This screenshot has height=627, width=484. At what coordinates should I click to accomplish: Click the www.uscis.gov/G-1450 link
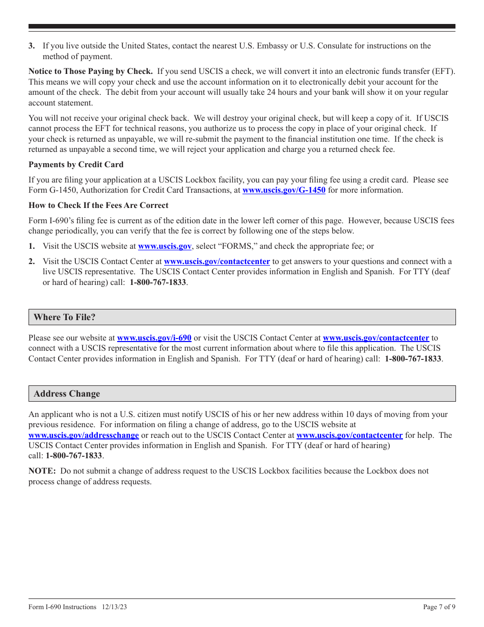point(284,190)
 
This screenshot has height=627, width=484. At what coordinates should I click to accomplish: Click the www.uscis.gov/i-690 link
point(154,338)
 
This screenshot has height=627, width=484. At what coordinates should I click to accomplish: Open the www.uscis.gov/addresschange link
point(84,435)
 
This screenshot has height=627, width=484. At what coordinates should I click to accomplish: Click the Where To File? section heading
point(65,317)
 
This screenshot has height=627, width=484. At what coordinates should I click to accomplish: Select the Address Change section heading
point(67,394)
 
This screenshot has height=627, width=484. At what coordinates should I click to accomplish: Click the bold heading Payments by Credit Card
point(76,165)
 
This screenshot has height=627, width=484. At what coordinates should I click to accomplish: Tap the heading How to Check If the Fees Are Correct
point(98,205)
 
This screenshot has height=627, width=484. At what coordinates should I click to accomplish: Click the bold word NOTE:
point(42,471)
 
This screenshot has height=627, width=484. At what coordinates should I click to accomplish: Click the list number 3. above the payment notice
point(32,46)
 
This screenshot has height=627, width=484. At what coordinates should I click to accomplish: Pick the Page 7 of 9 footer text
point(439,607)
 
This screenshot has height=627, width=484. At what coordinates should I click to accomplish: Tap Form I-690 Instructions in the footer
point(62,607)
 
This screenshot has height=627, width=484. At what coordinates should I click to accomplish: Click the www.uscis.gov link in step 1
point(165,246)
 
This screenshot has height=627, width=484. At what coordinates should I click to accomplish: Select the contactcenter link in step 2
point(217,262)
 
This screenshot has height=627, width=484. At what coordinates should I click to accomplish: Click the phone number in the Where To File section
point(413,359)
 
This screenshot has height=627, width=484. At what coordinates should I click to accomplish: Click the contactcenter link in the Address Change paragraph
point(349,435)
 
